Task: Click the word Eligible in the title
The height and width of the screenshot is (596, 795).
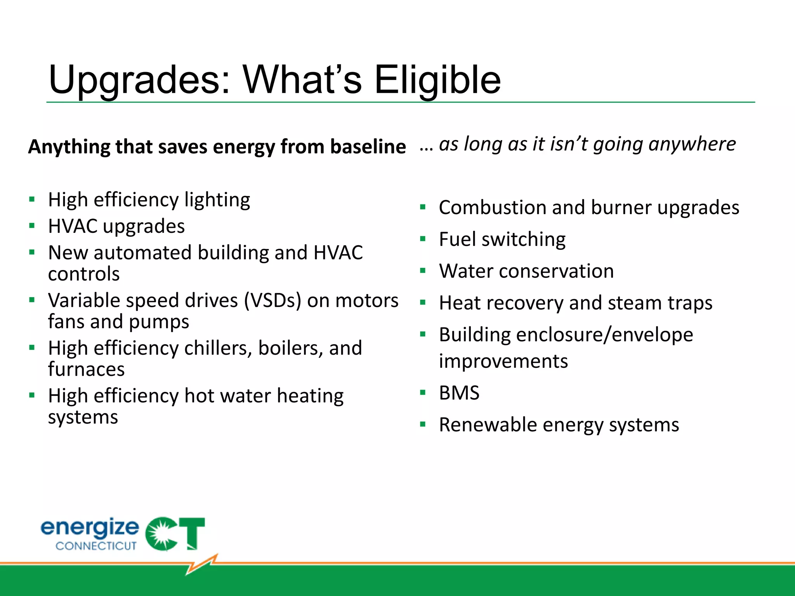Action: coord(437,80)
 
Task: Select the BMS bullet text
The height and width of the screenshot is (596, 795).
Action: coord(459,393)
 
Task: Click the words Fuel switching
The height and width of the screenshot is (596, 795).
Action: coord(502,239)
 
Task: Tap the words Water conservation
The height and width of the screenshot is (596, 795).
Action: coord(526,271)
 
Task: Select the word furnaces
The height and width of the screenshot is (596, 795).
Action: coord(86,369)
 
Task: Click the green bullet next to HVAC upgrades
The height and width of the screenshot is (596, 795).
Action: coord(32,225)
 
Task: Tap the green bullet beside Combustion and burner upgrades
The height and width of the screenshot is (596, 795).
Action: coord(423,207)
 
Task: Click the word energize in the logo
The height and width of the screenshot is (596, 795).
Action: coord(90,527)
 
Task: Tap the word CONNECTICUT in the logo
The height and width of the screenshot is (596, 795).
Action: coord(96,546)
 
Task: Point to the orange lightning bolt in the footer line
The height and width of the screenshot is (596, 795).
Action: coord(202,564)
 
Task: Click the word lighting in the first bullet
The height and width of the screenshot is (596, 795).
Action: coord(217,201)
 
